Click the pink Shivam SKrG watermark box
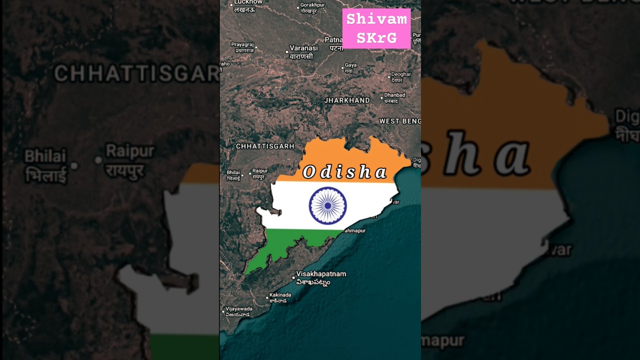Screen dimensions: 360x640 click(376, 28)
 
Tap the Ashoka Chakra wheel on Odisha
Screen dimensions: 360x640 click(327, 205)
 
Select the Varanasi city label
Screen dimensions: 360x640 click(303, 52)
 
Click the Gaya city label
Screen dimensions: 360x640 click(350, 67)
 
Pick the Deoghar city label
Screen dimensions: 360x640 click(400, 77)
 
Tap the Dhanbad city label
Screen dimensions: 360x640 click(394, 97)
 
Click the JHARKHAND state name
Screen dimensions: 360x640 click(347, 100)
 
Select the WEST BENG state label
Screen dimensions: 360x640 click(399, 121)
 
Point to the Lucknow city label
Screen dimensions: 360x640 click(248, 4)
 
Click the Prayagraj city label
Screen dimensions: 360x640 click(242, 47)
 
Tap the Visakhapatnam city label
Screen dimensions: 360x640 click(320, 277)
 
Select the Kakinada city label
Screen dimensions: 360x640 click(280, 297)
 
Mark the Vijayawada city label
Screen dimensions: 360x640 click(239, 311)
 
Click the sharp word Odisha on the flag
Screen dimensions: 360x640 click(345, 172)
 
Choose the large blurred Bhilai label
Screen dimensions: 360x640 click(45, 165)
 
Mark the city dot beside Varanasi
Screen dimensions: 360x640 click(287, 51)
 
